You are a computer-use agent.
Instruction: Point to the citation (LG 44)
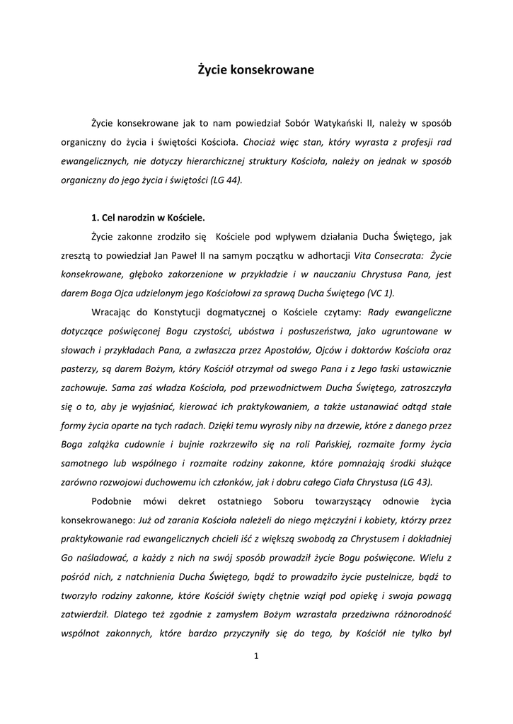tap(226, 180)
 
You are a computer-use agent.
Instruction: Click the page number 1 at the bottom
tap(256, 657)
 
